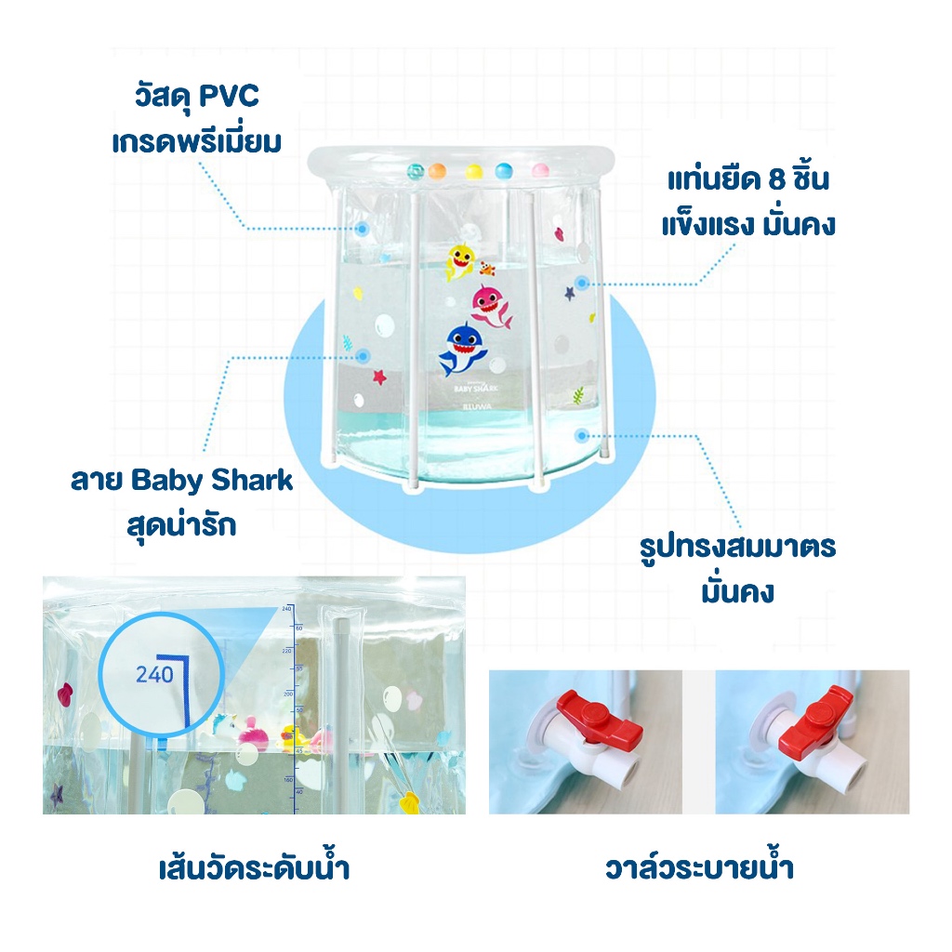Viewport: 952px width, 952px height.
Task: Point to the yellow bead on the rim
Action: [472, 171]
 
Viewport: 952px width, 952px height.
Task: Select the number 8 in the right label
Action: [778, 180]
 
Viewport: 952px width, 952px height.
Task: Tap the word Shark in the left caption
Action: [253, 481]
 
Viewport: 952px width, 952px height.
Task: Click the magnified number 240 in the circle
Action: [154, 674]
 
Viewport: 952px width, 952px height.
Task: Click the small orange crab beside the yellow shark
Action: [486, 270]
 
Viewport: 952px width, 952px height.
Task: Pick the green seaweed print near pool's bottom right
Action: [578, 394]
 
